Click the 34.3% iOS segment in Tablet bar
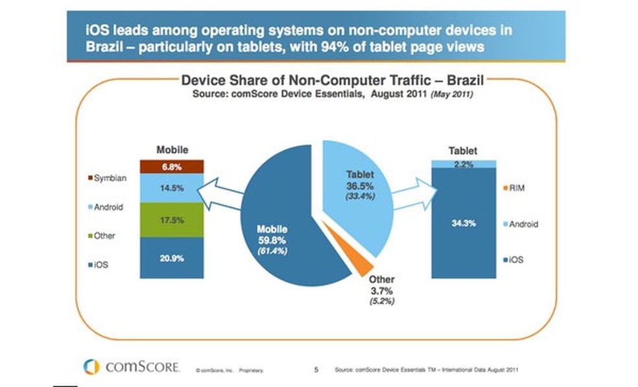coord(463,224)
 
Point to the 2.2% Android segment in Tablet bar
coord(463,164)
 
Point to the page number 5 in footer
coord(316,369)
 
